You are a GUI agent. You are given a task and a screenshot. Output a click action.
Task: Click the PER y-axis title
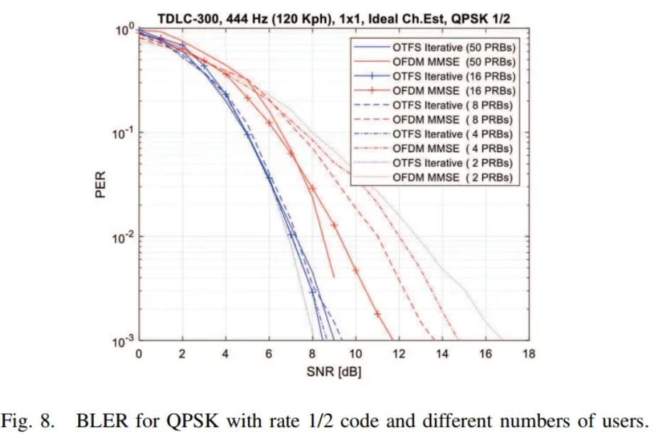click(101, 184)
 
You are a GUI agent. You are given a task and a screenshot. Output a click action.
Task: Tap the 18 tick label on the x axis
click(529, 354)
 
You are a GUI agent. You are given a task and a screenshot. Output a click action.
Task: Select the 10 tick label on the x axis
click(355, 354)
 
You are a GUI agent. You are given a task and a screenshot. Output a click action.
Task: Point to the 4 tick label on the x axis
click(226, 354)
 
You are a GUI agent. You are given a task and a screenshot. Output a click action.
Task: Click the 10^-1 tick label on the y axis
click(122, 132)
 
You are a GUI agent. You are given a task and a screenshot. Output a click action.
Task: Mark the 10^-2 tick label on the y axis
click(122, 236)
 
